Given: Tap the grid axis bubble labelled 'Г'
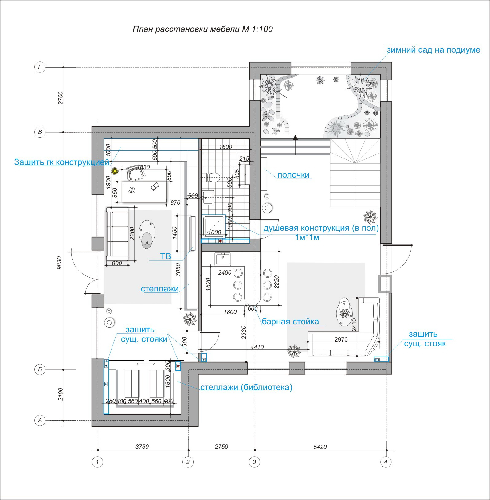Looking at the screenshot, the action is pyautogui.click(x=40, y=67).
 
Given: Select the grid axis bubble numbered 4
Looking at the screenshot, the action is pyautogui.click(x=386, y=462).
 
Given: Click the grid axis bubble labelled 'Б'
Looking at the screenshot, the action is pyautogui.click(x=40, y=370).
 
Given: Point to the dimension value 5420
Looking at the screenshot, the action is pyautogui.click(x=320, y=447).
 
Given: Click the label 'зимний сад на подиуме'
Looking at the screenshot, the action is pyautogui.click(x=433, y=50).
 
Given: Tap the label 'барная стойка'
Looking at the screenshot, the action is pyautogui.click(x=290, y=322).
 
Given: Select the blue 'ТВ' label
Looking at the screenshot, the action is pyautogui.click(x=166, y=256).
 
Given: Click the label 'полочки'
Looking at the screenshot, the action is pyautogui.click(x=293, y=175).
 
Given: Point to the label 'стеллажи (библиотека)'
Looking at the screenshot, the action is pyautogui.click(x=246, y=387).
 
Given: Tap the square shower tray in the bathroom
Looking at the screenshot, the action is pyautogui.click(x=214, y=227).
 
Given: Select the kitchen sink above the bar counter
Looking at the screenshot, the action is pyautogui.click(x=223, y=259).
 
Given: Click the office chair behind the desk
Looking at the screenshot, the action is pyautogui.click(x=135, y=174).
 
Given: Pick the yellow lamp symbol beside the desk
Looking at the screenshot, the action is pyautogui.click(x=115, y=171).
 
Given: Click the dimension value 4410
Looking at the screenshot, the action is pyautogui.click(x=257, y=347).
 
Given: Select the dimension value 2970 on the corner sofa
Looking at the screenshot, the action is pyautogui.click(x=341, y=339).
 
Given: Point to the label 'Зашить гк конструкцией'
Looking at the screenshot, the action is pyautogui.click(x=62, y=162).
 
